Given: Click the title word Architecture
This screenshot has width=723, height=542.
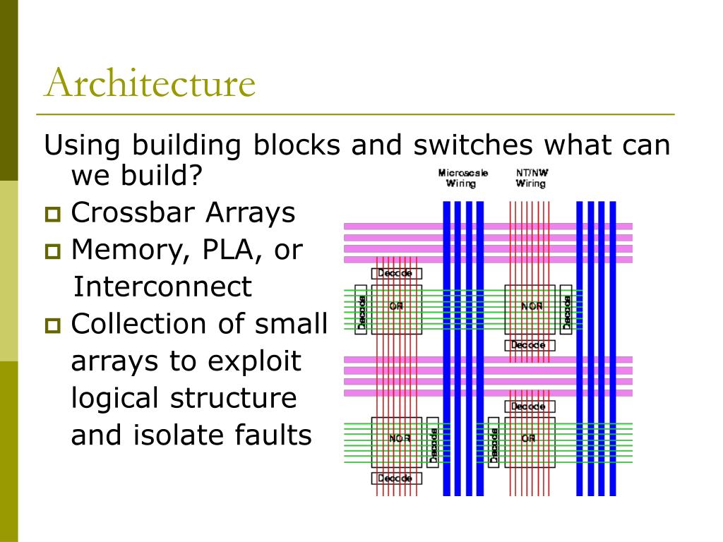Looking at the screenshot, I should pyautogui.click(x=149, y=83).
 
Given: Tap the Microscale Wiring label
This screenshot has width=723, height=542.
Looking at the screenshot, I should pyautogui.click(x=462, y=178).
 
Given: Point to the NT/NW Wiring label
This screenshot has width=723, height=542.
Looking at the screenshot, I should pyautogui.click(x=530, y=178).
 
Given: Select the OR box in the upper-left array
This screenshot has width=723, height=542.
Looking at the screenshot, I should pyautogui.click(x=396, y=306).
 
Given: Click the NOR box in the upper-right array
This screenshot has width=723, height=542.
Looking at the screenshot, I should pyautogui.click(x=531, y=306).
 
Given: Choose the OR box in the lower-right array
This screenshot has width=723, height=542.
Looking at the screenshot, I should pyautogui.click(x=529, y=438).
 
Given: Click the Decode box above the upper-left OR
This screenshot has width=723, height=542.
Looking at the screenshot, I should pyautogui.click(x=396, y=273).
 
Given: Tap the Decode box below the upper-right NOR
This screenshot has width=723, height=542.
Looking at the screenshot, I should pyautogui.click(x=530, y=345).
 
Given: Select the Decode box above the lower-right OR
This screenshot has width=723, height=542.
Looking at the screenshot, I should pyautogui.click(x=530, y=406).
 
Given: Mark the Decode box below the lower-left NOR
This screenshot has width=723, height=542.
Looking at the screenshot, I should pyautogui.click(x=396, y=478).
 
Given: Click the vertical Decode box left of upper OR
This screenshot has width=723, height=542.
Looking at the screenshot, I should pyautogui.click(x=361, y=308).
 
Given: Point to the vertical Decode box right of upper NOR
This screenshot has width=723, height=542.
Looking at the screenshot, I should pyautogui.click(x=566, y=308).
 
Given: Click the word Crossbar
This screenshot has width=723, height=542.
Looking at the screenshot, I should pyautogui.click(x=134, y=212).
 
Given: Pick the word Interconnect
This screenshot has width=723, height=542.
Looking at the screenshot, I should pyautogui.click(x=162, y=287).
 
